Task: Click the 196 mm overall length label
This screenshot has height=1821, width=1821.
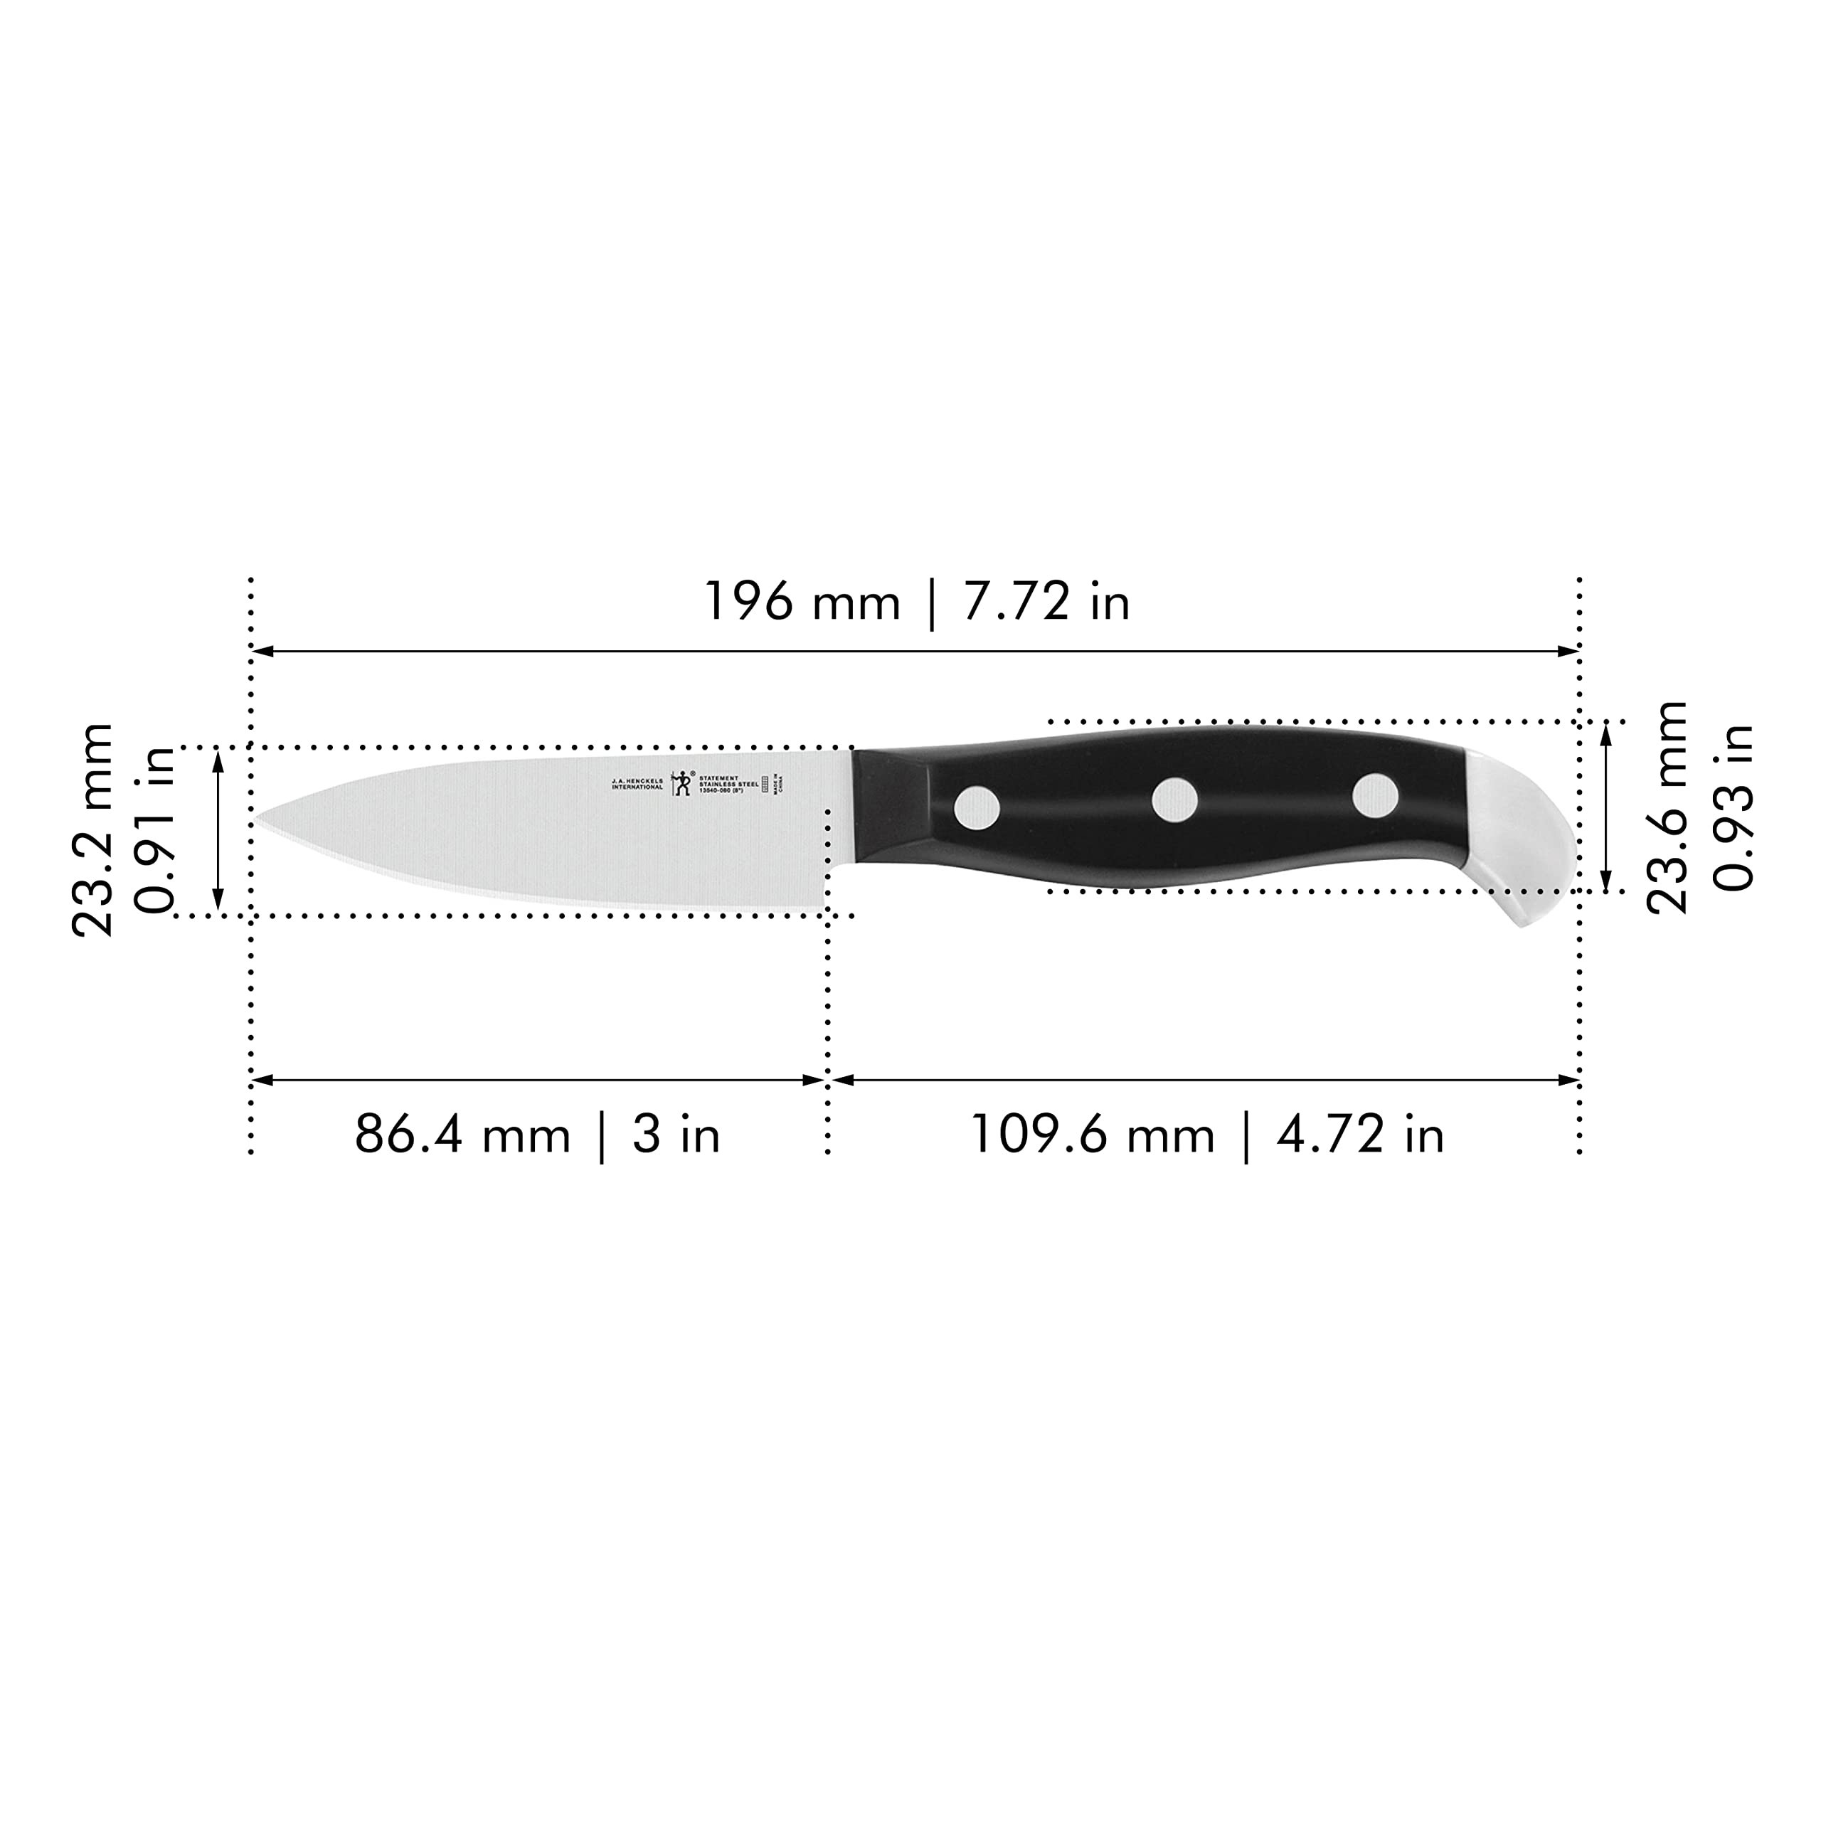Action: pyautogui.click(x=802, y=601)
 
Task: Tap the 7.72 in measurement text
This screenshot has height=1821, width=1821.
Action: pyautogui.click(x=1046, y=601)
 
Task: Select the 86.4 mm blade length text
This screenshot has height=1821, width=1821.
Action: pyautogui.click(x=462, y=1135)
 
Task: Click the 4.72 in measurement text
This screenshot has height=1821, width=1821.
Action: pyautogui.click(x=1360, y=1135)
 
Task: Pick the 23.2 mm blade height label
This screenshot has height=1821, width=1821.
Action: pyautogui.click(x=92, y=829)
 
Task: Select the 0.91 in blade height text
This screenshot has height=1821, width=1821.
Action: pyautogui.click(x=156, y=829)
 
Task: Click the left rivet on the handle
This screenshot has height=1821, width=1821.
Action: pyautogui.click(x=977, y=808)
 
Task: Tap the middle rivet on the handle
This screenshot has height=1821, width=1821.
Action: pyautogui.click(x=1174, y=800)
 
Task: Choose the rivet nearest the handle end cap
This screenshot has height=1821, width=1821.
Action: pyautogui.click(x=1375, y=795)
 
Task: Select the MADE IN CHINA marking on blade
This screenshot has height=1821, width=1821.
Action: pyautogui.click(x=777, y=783)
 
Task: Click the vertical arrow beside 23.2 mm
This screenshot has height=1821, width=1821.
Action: pyautogui.click(x=218, y=830)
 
